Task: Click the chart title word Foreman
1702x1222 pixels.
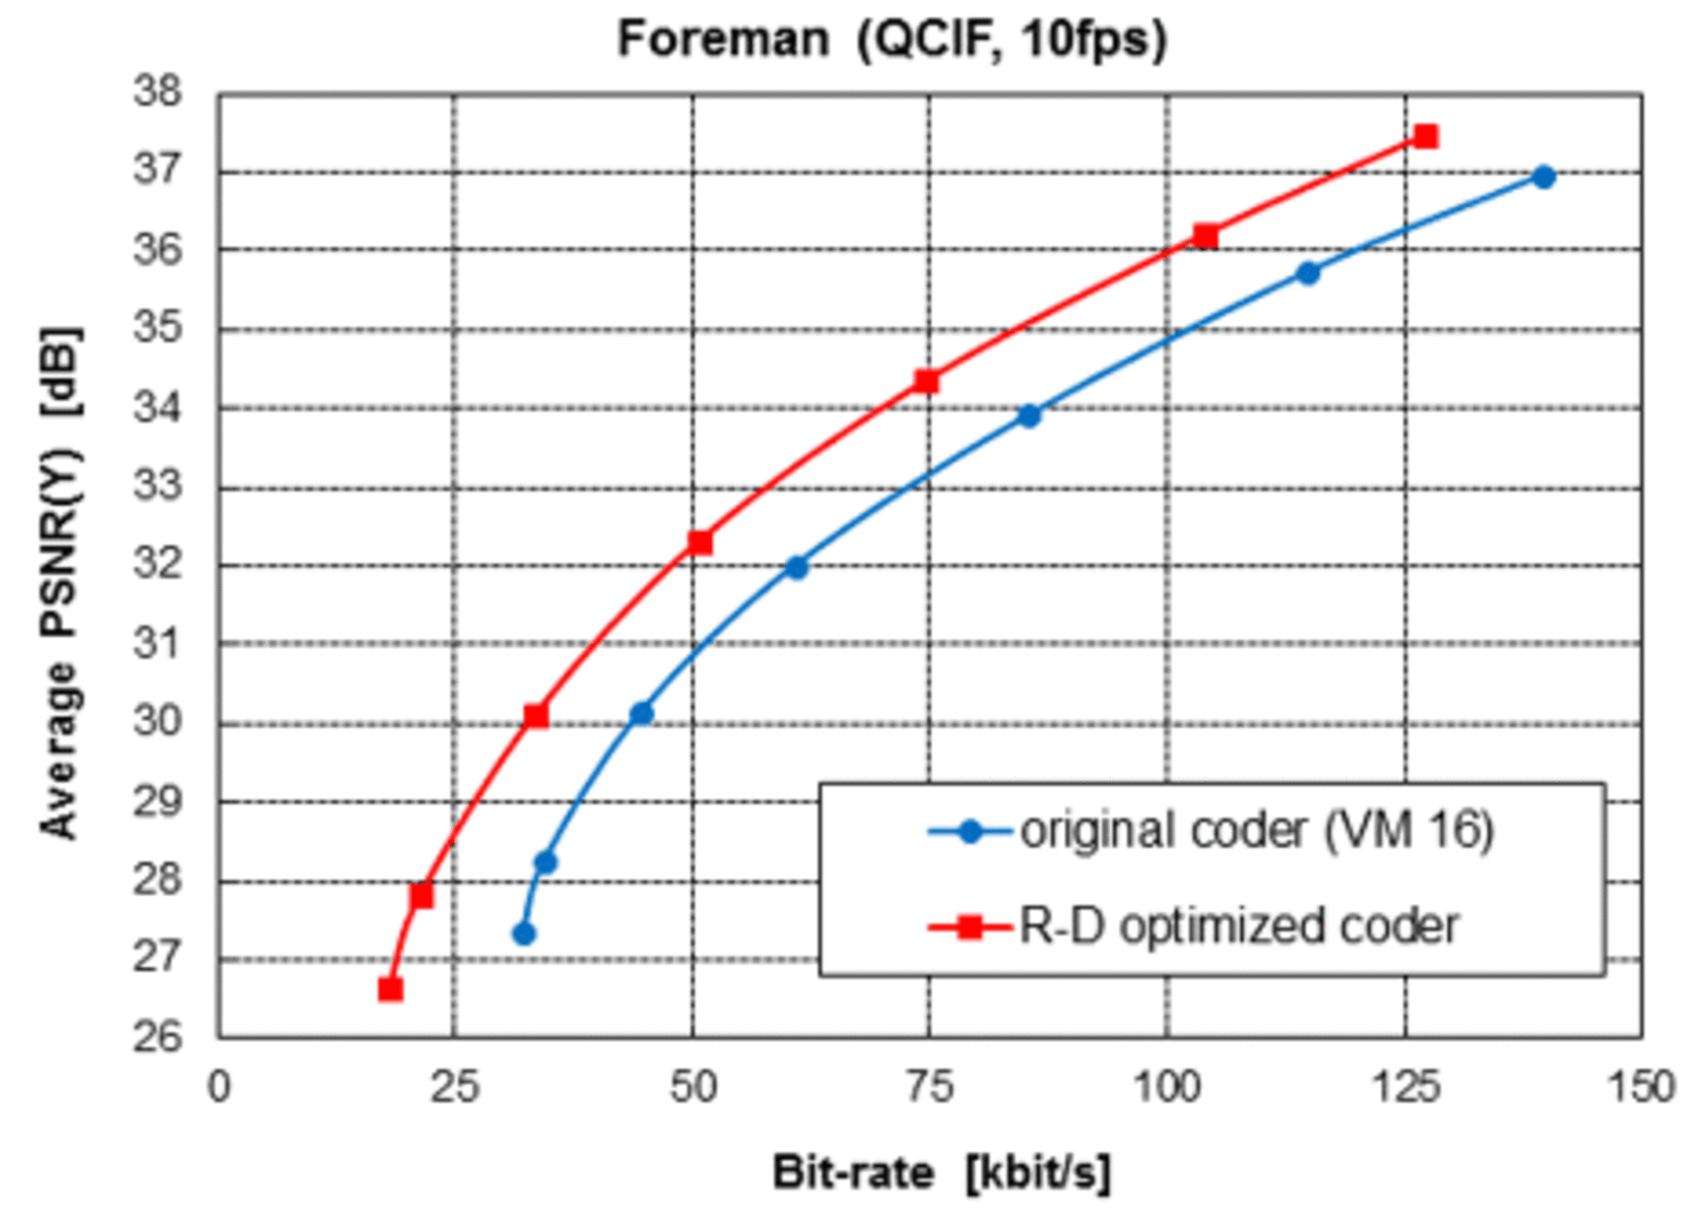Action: coord(723,40)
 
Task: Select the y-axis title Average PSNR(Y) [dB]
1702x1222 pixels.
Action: coord(61,581)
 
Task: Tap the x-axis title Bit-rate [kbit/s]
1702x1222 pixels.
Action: coord(941,1173)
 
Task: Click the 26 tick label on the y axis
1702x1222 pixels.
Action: coord(159,1036)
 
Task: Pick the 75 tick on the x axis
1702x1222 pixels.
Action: coord(928,1087)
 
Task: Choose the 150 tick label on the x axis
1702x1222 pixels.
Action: coord(1641,1087)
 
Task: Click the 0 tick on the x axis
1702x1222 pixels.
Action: coord(219,1087)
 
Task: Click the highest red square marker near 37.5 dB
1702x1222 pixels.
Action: coord(1425,136)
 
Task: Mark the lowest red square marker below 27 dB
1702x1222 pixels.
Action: coord(391,989)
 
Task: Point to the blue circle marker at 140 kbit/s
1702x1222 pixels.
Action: coord(1543,177)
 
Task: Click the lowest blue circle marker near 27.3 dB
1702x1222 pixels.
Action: coord(524,933)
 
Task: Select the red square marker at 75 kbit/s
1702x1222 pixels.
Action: coord(926,381)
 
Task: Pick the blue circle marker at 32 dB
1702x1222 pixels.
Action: coord(797,567)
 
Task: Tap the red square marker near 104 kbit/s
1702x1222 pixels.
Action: coord(1206,236)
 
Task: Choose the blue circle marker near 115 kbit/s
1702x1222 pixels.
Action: coord(1308,274)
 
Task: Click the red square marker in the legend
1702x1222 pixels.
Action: coord(970,927)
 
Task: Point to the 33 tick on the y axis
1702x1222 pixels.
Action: coord(159,486)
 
